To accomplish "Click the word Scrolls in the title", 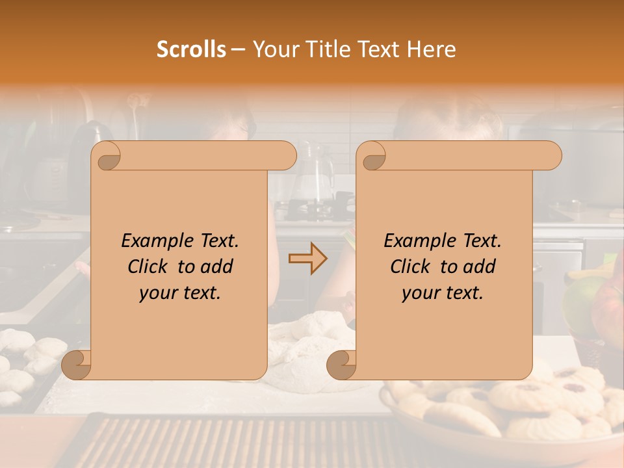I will click(x=191, y=49).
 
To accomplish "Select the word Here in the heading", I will click(x=432, y=49).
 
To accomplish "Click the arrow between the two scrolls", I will click(x=308, y=259).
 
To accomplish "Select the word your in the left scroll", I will click(x=157, y=293).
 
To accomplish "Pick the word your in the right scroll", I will click(x=420, y=293).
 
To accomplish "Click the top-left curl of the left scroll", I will click(x=107, y=155).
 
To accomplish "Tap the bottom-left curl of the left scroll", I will click(x=77, y=365).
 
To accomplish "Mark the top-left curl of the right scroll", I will click(x=372, y=155).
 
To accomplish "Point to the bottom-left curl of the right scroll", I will click(x=341, y=365).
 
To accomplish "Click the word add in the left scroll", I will click(x=217, y=266).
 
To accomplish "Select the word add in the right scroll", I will click(x=480, y=266).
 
